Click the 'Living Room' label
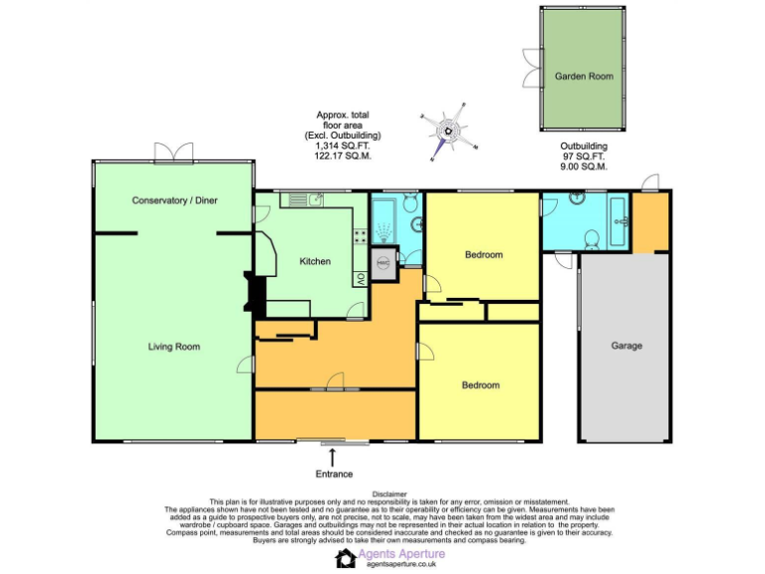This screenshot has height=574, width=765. coord(174,347)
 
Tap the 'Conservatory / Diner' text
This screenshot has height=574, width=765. coord(174,200)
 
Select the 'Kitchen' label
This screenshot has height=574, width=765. coord(315,261)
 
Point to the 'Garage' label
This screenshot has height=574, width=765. coord(627,346)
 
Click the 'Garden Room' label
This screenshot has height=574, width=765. coord(584,76)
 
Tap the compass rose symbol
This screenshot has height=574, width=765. coord(448,130)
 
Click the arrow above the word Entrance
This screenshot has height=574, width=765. coord(333,457)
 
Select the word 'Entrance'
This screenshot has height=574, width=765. coord(334,473)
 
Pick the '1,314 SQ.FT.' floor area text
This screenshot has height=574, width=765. coord(343,145)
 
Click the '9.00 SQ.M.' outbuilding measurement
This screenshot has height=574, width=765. coord(584,166)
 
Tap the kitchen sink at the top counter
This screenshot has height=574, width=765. coord(313,200)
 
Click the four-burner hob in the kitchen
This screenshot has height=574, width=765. coord(360,237)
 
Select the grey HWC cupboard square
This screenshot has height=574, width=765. coord(383,264)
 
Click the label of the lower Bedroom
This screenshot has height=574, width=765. coord(480,385)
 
